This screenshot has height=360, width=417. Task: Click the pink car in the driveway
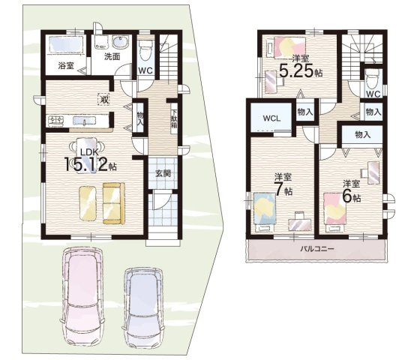point(82,298)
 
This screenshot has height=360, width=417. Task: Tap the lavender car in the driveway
point(144,308)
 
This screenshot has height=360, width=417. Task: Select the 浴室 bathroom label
point(66,65)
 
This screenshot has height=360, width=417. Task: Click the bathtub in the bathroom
point(67,44)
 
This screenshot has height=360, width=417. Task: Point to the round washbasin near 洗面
point(121,43)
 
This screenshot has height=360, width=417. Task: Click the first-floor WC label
point(145,70)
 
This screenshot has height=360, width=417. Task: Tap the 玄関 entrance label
point(163,173)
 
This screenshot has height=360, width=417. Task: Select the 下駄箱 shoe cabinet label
point(174,118)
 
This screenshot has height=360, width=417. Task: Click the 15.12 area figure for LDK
point(86,165)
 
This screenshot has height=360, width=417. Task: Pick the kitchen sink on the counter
point(85,121)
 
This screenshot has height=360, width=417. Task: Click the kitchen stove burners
point(55,121)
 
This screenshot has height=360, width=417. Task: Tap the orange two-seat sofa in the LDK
point(113,203)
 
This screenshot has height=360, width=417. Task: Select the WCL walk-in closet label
point(271,118)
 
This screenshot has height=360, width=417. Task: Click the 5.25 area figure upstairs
point(296,71)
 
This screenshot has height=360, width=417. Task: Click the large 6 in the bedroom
point(347,196)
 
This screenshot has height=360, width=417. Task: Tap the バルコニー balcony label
point(317,249)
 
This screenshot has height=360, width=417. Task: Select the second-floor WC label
point(373,94)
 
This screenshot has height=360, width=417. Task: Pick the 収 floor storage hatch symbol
point(103,100)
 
